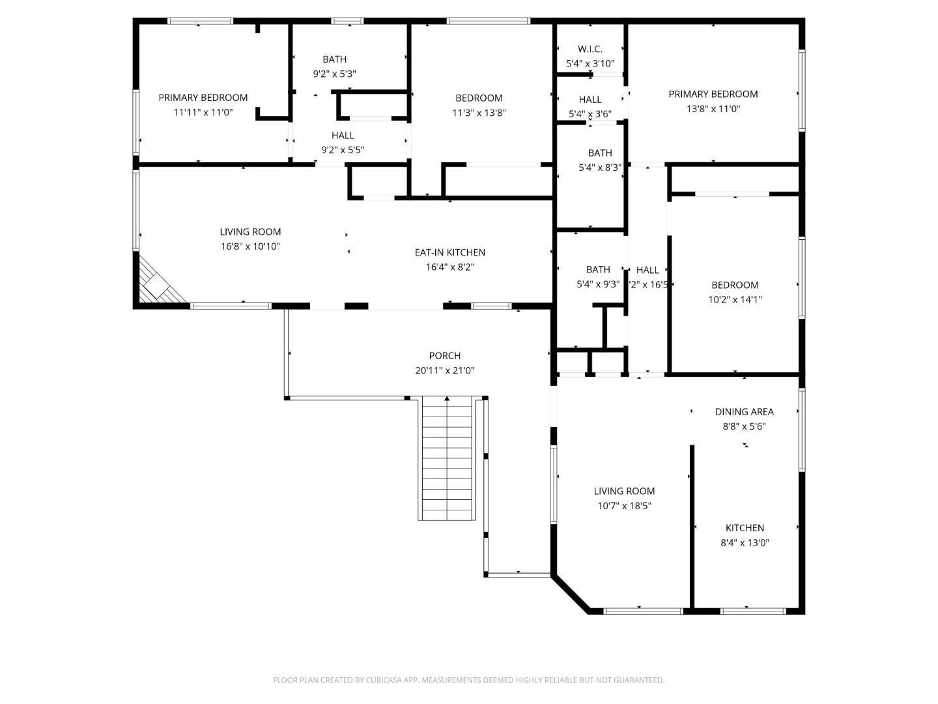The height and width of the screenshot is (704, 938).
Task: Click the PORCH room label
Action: pos(445,356)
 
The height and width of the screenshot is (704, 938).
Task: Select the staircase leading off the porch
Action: pos(447,457)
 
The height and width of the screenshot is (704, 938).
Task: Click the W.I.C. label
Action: pos(590,49)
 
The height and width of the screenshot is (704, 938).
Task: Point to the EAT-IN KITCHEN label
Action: pos(450,252)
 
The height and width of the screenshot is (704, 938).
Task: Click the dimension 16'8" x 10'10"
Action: pos(250,246)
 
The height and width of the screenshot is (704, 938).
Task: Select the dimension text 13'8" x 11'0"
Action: pos(713,109)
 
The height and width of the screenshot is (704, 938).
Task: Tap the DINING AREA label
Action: pos(745,412)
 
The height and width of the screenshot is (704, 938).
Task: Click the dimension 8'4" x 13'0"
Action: pos(745,542)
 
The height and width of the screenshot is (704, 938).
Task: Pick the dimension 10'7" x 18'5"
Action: pos(624,506)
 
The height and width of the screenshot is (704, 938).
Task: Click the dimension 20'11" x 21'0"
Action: pos(445,371)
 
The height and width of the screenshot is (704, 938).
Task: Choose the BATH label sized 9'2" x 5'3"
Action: pos(335,59)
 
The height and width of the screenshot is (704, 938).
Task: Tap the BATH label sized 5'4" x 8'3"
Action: pos(600,153)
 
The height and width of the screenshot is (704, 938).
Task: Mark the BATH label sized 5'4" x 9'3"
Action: pos(598,269)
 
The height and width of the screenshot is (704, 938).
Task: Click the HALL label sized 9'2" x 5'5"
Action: pos(343,136)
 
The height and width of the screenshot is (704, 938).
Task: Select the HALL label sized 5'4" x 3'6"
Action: pos(590,100)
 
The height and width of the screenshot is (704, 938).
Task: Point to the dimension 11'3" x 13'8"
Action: pos(479,113)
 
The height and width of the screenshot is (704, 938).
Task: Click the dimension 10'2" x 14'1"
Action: pos(735,300)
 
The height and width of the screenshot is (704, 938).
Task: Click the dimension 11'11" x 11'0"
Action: pos(203,112)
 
